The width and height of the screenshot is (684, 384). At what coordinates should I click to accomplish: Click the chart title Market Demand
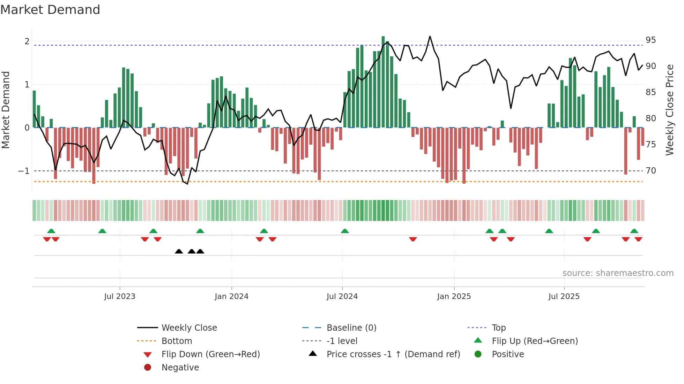tap(50, 10)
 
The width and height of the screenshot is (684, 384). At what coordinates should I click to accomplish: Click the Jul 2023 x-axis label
tap(120, 297)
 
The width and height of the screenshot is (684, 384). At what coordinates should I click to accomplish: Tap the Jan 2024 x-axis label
tap(231, 297)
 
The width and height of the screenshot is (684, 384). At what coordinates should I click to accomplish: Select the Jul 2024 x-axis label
tap(342, 297)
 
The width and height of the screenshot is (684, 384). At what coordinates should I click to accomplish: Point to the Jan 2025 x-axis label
tap(454, 297)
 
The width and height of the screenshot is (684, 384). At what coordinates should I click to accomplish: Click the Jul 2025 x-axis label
tap(564, 297)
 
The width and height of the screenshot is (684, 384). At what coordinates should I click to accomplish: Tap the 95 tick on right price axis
tap(650, 40)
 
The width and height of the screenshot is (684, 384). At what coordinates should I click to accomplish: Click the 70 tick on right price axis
tap(650, 171)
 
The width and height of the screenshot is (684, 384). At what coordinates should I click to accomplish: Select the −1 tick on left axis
tap(24, 171)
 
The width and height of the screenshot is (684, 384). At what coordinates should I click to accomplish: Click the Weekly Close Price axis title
tap(669, 110)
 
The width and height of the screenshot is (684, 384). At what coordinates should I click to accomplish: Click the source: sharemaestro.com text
tap(618, 273)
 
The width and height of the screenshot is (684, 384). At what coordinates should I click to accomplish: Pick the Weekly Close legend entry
tap(189, 328)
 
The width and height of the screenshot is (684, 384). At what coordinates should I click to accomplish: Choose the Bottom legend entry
tap(177, 341)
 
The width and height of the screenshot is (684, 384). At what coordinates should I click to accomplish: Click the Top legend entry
tap(498, 328)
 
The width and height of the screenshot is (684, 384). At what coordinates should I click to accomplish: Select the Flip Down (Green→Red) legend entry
tap(210, 354)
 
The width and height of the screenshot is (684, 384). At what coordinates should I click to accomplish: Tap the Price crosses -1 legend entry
tap(393, 354)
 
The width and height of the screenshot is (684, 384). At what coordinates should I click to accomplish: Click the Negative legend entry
tap(180, 368)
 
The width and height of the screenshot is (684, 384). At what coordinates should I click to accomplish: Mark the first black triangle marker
tap(179, 251)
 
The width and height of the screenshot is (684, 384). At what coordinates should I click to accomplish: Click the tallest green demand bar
tap(383, 82)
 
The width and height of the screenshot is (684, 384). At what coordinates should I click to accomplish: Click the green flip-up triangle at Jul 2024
tap(345, 231)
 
